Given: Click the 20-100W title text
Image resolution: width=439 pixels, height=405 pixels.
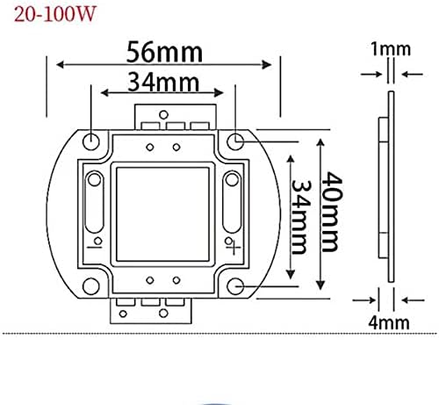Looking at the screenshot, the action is (55, 14).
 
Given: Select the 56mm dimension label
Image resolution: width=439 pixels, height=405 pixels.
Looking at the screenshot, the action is (164, 52).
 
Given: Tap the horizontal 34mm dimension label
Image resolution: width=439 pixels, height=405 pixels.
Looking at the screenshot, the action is (163, 83).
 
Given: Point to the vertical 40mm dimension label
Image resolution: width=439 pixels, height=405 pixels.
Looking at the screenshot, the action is (332, 212).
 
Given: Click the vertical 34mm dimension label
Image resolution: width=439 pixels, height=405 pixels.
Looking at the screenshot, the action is (301, 217).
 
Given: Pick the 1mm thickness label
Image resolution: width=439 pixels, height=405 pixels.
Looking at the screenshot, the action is (391, 49).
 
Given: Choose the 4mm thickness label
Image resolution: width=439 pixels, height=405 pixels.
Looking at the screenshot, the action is (389, 322).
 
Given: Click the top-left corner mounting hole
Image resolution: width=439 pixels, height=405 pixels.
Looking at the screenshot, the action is (91, 141).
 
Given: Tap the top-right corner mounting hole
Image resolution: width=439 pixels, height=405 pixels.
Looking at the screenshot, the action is (235, 141).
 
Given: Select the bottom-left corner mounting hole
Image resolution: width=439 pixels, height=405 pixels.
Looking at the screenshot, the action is (91, 286).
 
